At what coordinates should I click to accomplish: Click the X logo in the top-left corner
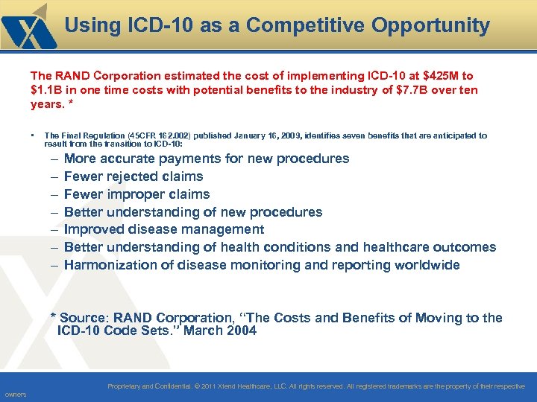[28, 28]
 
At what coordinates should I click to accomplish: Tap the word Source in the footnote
[84, 318]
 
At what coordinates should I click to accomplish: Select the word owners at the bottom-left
[15, 395]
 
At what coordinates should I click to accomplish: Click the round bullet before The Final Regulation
[34, 136]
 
